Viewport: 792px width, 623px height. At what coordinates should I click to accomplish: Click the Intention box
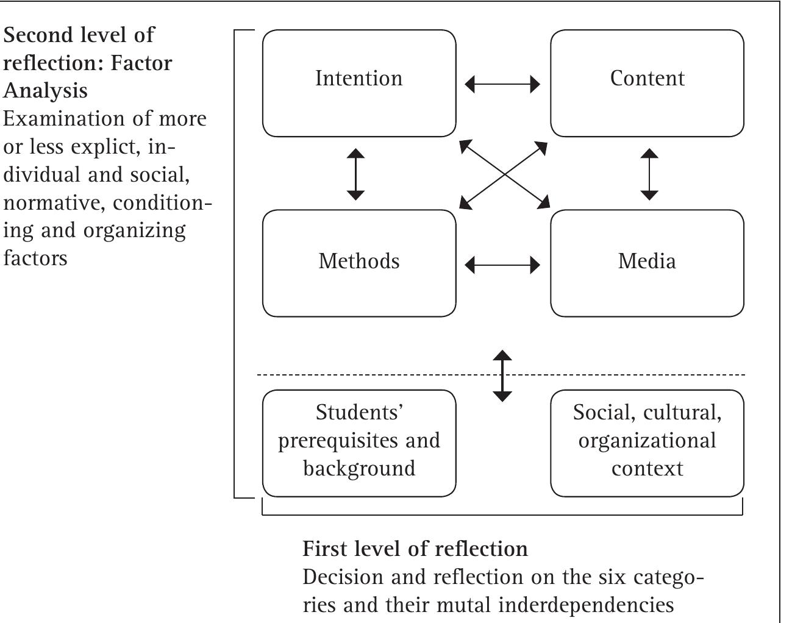click(x=359, y=83)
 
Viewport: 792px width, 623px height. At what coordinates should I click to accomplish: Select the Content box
click(x=647, y=83)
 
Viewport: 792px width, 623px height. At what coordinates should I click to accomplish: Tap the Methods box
click(x=359, y=263)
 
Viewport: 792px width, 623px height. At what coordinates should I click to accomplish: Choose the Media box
click(x=647, y=263)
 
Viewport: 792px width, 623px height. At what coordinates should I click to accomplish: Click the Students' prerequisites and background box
click(x=359, y=443)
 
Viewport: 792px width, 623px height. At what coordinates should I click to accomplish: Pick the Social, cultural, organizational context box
click(x=647, y=443)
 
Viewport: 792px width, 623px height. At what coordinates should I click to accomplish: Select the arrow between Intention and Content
click(x=502, y=84)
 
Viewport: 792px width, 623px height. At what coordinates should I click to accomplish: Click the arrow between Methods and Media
click(x=502, y=265)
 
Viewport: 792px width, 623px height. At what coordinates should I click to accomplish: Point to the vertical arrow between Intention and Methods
click(x=355, y=174)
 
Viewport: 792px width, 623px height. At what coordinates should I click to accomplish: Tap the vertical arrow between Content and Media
click(x=650, y=174)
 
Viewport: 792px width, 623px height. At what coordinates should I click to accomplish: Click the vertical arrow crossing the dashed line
click(x=502, y=376)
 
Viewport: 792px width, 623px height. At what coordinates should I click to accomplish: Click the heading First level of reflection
click(x=415, y=549)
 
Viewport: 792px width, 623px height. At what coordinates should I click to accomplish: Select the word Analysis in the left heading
click(x=46, y=91)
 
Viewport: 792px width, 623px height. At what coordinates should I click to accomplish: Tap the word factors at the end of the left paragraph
click(x=35, y=258)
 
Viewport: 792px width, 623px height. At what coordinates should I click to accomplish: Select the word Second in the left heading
click(x=38, y=35)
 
